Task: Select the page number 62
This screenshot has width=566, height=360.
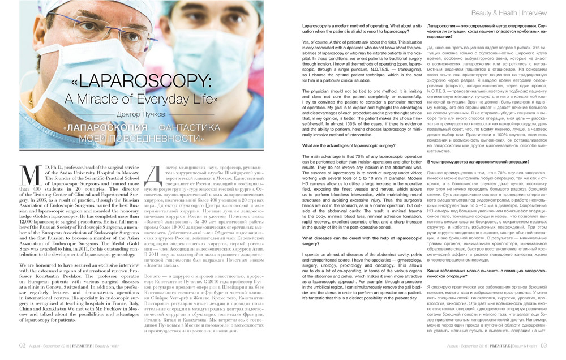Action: pyautogui.click(x=23, y=345)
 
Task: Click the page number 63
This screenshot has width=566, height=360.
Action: pyautogui.click(x=543, y=345)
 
